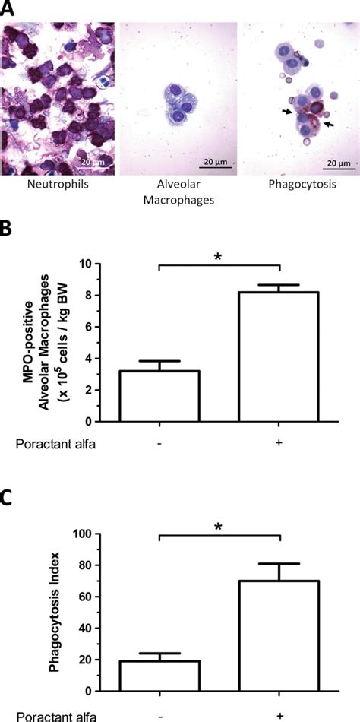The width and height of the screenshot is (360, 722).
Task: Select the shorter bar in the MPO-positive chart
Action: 159,395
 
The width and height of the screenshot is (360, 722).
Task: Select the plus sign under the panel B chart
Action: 279,442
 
